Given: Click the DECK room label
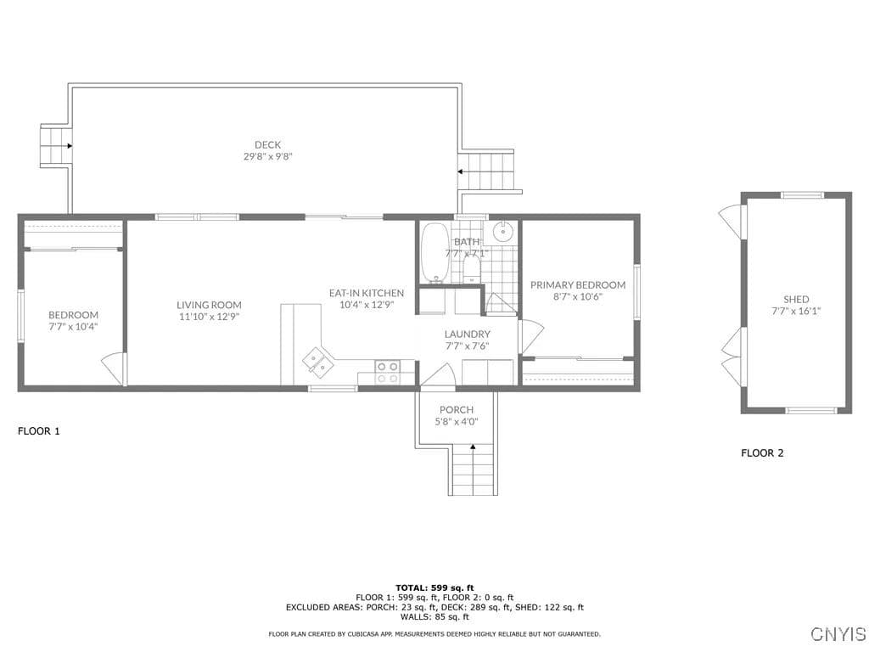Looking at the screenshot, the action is (x=267, y=144).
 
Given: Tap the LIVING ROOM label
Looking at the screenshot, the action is (x=209, y=305).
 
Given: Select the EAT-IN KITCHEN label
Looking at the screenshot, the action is (x=367, y=293).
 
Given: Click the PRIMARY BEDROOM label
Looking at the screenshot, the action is (x=578, y=284).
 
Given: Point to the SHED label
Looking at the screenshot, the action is (x=796, y=299).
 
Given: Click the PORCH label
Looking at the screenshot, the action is (x=456, y=410).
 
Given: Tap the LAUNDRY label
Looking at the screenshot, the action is (x=468, y=334).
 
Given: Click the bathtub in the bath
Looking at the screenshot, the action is (x=435, y=253).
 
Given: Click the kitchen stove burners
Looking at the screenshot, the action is (x=387, y=372).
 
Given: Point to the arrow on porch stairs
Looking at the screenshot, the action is (x=473, y=446).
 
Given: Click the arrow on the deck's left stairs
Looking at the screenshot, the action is (x=70, y=146).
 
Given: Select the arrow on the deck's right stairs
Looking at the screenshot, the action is (x=461, y=171).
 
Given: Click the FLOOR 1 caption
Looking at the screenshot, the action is (x=39, y=430).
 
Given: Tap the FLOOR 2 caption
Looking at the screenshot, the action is (x=762, y=453).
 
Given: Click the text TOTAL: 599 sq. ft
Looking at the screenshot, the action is (x=434, y=587).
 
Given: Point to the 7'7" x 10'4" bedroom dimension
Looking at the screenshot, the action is (x=73, y=327).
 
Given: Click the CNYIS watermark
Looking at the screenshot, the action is (x=838, y=633).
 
